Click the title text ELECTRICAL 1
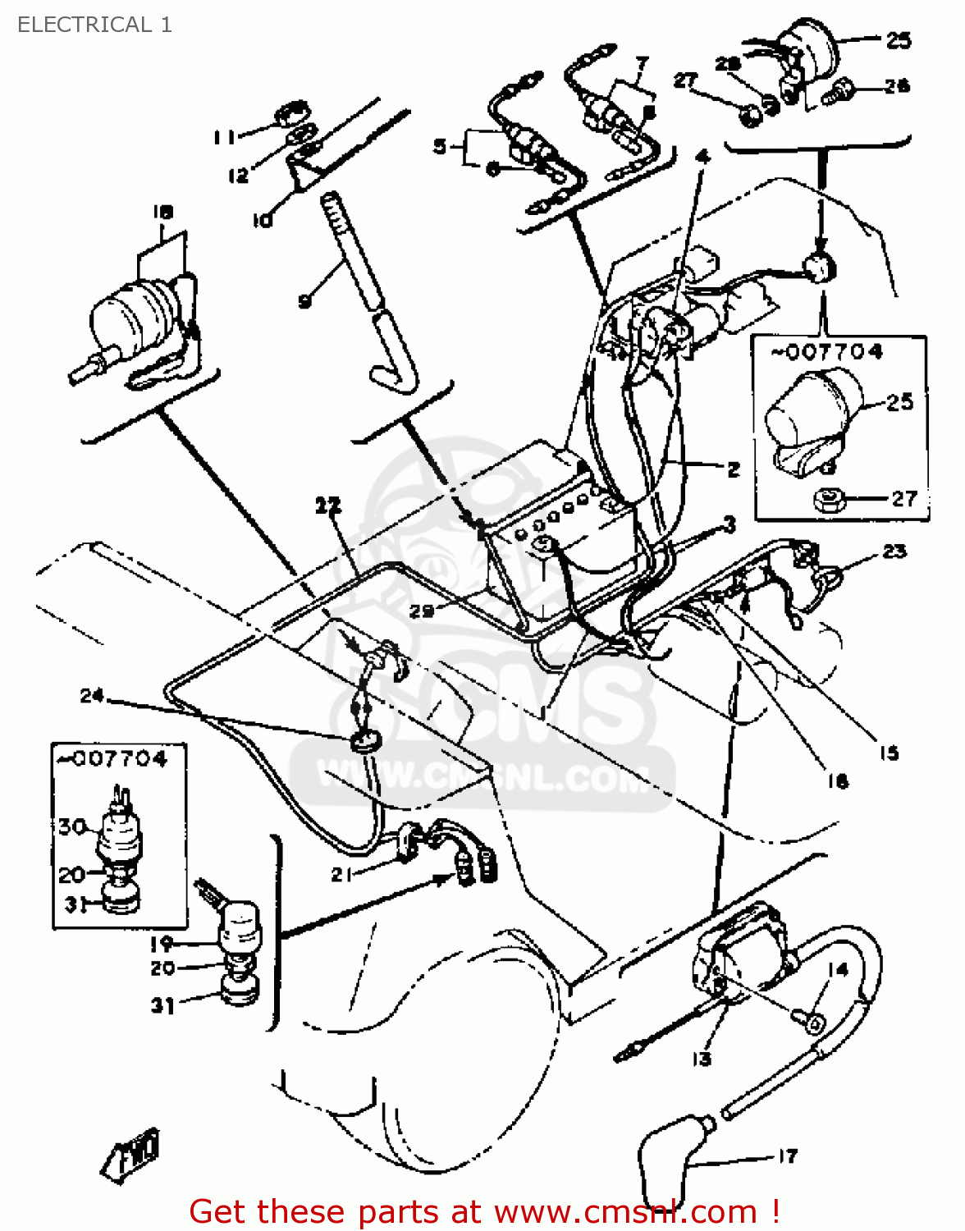pyautogui.click(x=94, y=25)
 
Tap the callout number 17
pyautogui.click(x=787, y=1155)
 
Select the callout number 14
pyautogui.click(x=837, y=970)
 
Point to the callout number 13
pyautogui.click(x=702, y=1059)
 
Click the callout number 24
pyautogui.click(x=91, y=696)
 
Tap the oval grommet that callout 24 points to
pyautogui.click(x=362, y=741)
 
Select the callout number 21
pyautogui.click(x=341, y=875)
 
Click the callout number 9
pyautogui.click(x=304, y=301)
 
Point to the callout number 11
pyautogui.click(x=224, y=137)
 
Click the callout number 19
pyautogui.click(x=161, y=944)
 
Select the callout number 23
pyautogui.click(x=894, y=551)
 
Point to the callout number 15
pyautogui.click(x=889, y=753)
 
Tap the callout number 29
pyautogui.click(x=421, y=611)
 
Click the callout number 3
pyautogui.click(x=729, y=524)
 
